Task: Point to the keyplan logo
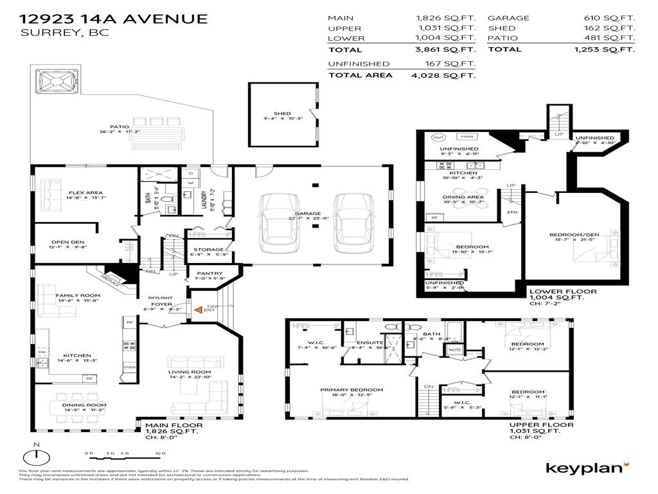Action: click(x=587, y=468)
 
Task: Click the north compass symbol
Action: click(x=37, y=457)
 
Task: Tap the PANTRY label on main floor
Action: click(x=209, y=273)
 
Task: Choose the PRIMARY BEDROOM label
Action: click(x=351, y=390)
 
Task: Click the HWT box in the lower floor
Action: click(x=439, y=137)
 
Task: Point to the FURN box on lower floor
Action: click(x=467, y=137)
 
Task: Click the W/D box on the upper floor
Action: click(x=454, y=349)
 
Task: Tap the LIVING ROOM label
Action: click(x=190, y=372)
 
